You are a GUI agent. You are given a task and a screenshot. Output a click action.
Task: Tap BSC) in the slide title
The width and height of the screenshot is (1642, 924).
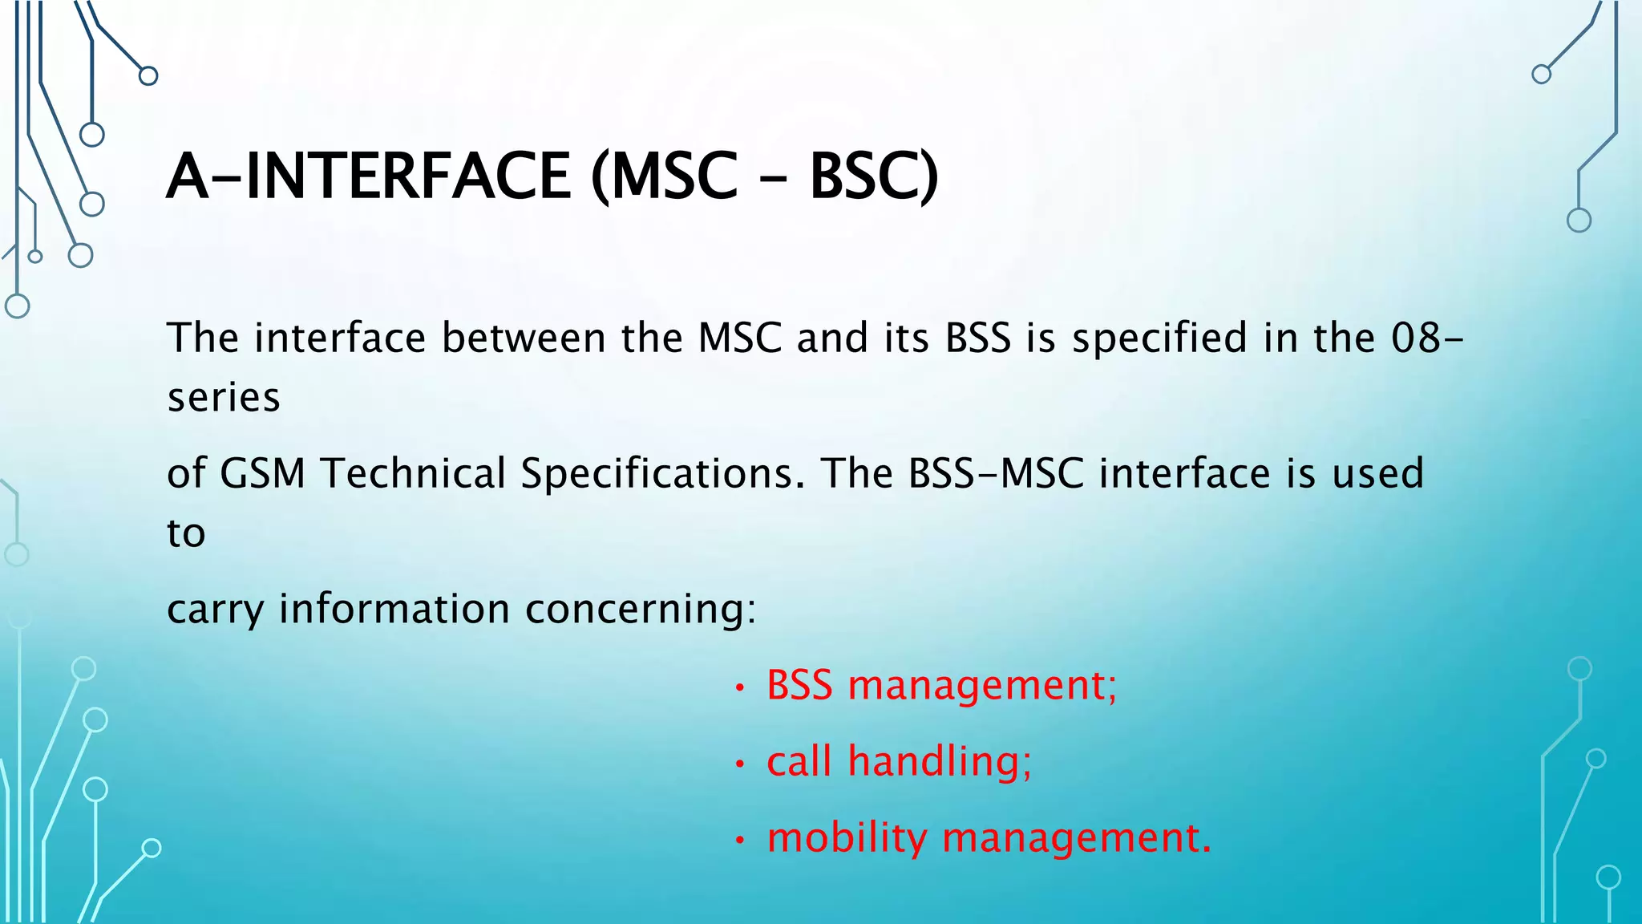click(873, 177)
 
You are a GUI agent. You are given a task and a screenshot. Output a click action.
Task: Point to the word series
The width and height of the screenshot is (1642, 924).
click(224, 398)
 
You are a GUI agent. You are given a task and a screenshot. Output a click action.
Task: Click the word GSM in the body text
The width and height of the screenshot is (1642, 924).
click(262, 473)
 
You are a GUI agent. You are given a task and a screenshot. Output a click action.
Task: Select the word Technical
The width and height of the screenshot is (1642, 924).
click(413, 473)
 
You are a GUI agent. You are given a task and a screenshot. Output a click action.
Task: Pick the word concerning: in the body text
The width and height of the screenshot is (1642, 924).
click(641, 610)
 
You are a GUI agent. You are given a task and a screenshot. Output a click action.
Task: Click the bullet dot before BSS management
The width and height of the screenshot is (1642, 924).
click(740, 688)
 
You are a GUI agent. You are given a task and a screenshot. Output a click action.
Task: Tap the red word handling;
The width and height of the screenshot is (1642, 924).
click(940, 761)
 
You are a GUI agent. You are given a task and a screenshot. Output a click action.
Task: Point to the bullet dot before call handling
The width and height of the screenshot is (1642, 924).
click(740, 764)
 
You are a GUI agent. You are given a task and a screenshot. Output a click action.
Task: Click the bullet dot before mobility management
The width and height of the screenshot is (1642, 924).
click(740, 841)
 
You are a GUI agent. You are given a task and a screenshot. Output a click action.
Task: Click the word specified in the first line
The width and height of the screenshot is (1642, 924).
click(1159, 339)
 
